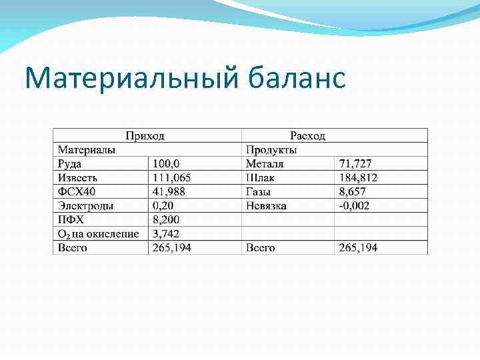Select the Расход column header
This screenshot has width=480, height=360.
coord(307,135)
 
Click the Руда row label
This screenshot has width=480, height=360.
coord(70,163)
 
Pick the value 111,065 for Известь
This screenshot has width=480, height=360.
coord(172,177)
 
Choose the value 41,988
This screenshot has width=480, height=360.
coord(169,191)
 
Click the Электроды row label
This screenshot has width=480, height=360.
coord(85,205)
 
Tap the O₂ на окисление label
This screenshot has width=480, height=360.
coord(98,233)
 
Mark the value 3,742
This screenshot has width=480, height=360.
coord(167,233)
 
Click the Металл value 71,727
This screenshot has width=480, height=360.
coord(355,163)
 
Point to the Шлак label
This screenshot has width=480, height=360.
coord(260,177)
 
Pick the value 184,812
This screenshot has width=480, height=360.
coord(358,177)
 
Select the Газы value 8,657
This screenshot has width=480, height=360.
coord(353,191)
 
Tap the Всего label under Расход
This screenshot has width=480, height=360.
coord(260,247)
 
